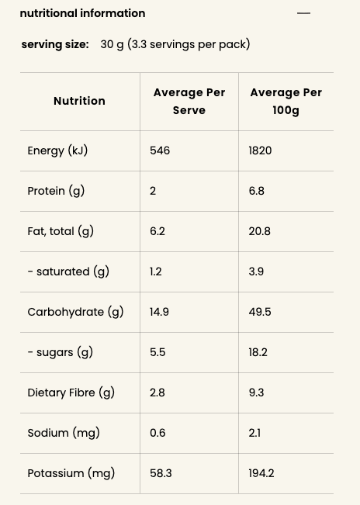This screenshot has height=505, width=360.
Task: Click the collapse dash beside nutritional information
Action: (x=303, y=13)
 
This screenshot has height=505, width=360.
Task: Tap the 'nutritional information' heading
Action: (x=82, y=13)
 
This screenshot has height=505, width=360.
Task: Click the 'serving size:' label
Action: (x=55, y=44)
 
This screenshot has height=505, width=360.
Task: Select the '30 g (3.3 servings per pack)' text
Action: (x=175, y=44)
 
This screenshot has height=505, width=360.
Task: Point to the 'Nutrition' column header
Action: (x=79, y=101)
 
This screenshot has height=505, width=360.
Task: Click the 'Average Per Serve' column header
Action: (x=189, y=101)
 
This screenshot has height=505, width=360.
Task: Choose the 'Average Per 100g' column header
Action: (x=286, y=101)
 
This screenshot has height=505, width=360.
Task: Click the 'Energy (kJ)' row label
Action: (x=57, y=150)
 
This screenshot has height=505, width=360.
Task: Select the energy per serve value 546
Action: (x=160, y=150)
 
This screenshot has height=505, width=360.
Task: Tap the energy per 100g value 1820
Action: (x=260, y=150)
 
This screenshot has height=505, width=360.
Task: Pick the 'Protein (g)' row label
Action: (x=56, y=191)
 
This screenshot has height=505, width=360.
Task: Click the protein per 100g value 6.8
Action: (x=256, y=191)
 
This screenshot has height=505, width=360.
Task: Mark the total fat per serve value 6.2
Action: (x=157, y=231)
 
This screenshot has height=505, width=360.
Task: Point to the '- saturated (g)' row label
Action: (x=68, y=272)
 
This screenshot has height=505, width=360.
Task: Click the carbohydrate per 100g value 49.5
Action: (x=260, y=312)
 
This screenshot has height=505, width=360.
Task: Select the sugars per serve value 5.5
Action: (x=157, y=352)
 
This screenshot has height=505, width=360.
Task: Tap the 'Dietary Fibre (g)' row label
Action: (x=71, y=393)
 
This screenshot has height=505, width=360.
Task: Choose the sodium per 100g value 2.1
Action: (x=254, y=433)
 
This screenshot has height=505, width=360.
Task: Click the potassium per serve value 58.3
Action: (x=161, y=473)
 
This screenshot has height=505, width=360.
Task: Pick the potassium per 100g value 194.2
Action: (x=261, y=473)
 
